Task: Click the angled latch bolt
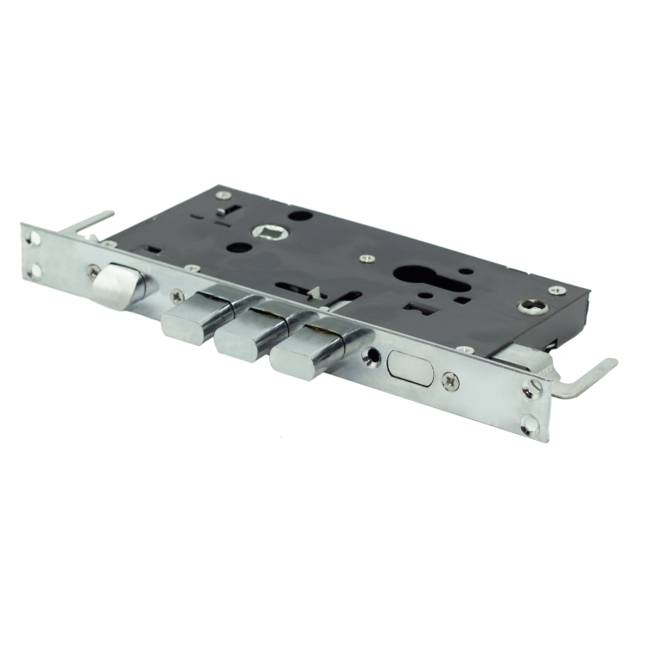pyautogui.click(x=116, y=280)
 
